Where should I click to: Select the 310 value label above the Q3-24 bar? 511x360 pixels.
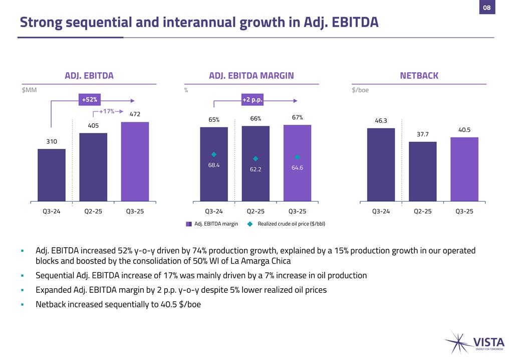coord(52,142)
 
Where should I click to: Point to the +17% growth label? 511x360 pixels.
coord(106,111)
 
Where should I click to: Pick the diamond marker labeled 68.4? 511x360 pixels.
coord(214,154)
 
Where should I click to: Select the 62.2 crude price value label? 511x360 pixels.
coord(255,169)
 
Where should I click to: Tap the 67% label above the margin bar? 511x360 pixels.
coord(297,117)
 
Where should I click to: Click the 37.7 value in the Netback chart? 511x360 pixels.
coord(422,134)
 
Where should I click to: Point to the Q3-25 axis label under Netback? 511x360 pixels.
coord(464,211)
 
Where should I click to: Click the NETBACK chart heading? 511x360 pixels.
coord(419,76)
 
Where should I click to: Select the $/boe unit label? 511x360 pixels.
coord(360,90)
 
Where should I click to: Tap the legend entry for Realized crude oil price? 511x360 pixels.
coord(291,224)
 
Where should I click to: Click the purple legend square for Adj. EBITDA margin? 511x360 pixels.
coord(189,224)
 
